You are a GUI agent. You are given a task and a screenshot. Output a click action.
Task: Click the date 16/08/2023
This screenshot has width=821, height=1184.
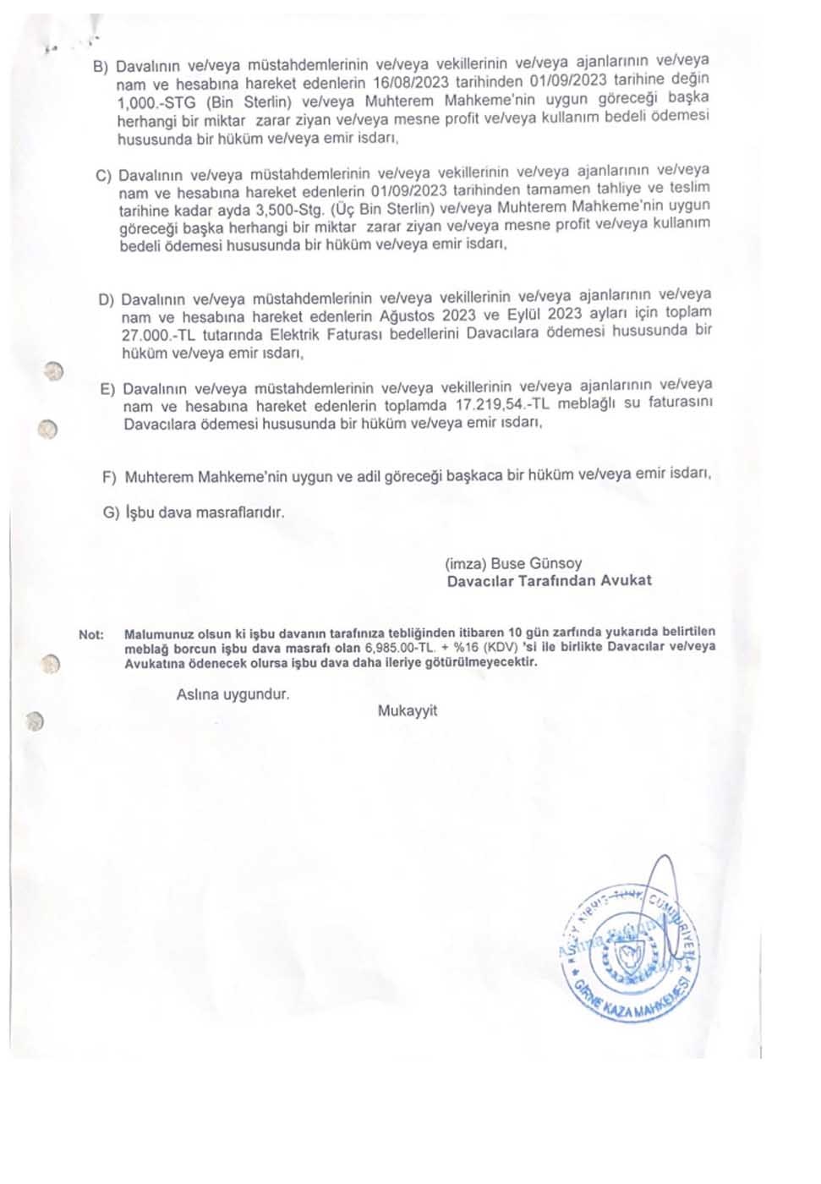(412, 82)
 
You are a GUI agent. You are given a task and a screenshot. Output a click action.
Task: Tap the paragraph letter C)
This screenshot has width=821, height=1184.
(103, 176)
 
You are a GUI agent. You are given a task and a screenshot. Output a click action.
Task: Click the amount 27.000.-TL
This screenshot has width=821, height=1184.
(158, 336)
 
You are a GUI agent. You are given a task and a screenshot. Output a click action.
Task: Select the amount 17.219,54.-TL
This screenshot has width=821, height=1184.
(502, 404)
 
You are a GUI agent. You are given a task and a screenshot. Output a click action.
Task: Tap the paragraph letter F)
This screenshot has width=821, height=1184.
(109, 478)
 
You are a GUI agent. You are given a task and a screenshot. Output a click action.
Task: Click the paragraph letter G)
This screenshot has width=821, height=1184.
(111, 513)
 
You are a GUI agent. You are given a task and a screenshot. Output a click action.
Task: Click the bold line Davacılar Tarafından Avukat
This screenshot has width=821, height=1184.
(550, 581)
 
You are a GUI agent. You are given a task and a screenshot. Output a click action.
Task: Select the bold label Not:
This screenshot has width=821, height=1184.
(91, 634)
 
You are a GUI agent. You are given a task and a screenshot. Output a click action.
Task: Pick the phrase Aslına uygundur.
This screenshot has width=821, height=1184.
(233, 694)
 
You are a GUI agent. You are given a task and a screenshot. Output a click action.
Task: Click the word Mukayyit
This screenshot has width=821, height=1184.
(408, 710)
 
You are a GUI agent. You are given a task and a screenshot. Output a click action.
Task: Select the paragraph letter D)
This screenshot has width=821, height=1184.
(106, 300)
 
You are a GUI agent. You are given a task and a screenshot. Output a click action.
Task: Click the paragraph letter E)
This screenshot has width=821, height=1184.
(107, 389)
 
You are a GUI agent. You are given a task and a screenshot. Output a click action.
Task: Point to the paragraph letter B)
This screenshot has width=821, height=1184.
(101, 67)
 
